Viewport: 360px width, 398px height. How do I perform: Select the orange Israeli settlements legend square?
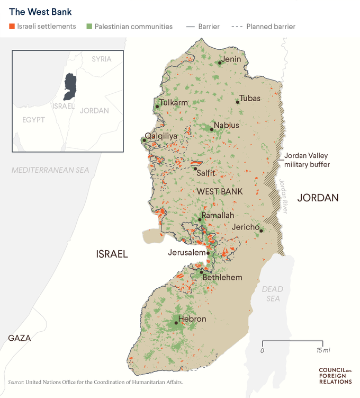click(x=12, y=26)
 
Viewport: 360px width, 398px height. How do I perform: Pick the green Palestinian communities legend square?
click(x=89, y=26)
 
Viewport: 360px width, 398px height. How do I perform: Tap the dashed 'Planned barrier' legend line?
click(x=236, y=26)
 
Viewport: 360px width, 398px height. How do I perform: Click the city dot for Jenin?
click(x=220, y=63)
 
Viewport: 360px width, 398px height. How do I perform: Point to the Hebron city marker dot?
click(x=176, y=322)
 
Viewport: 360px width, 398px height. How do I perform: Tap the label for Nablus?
click(x=227, y=126)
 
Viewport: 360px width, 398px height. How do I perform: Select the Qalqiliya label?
click(x=161, y=136)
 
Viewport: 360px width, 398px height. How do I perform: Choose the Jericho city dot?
click(x=261, y=231)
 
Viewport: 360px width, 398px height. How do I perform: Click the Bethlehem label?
click(x=222, y=277)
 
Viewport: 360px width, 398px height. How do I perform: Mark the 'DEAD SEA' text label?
click(x=273, y=294)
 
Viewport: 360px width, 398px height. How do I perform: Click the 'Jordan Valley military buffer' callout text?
click(x=307, y=160)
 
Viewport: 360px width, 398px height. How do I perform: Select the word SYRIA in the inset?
click(x=102, y=59)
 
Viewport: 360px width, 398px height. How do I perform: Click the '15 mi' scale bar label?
click(x=323, y=351)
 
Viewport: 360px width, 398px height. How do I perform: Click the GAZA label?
click(x=19, y=338)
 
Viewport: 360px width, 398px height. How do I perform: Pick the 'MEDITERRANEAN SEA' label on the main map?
click(x=50, y=170)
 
